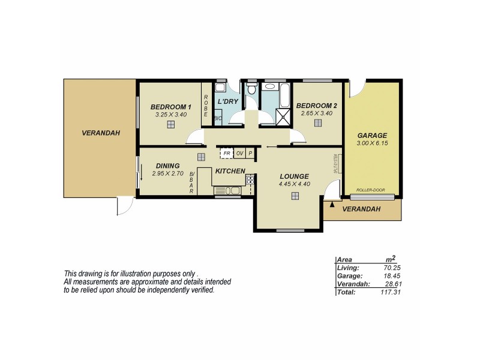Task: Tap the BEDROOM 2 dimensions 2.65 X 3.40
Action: click(316, 113)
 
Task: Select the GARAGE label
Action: click(372, 135)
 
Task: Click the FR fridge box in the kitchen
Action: click(227, 153)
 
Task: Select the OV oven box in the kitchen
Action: click(240, 153)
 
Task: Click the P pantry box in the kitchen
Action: click(251, 153)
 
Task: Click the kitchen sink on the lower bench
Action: click(227, 191)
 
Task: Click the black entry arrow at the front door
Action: click(332, 205)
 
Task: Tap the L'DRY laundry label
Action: click(228, 101)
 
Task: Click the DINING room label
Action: click(167, 166)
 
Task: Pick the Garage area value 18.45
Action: click(390, 275)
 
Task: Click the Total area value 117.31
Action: click(389, 292)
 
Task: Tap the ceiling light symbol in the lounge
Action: click(295, 196)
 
